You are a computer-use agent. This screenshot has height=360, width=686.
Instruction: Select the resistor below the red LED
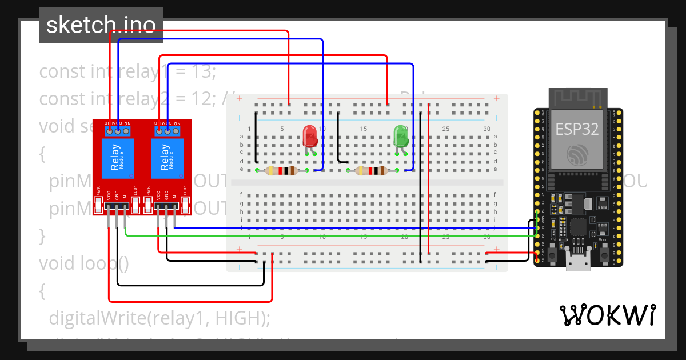[281, 170]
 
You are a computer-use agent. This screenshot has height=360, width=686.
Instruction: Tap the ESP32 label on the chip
[577, 129]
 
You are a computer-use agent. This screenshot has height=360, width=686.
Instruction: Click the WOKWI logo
[607, 315]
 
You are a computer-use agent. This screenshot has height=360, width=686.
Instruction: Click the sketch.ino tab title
[101, 25]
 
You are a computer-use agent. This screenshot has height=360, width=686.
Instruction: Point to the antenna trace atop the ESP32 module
[577, 98]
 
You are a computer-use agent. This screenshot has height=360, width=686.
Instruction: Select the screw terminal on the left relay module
[118, 131]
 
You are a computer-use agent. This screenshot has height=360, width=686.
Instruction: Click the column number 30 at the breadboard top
[486, 129]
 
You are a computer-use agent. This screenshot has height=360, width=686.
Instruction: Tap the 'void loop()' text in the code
[84, 263]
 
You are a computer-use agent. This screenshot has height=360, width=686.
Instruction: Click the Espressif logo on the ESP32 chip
[577, 154]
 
